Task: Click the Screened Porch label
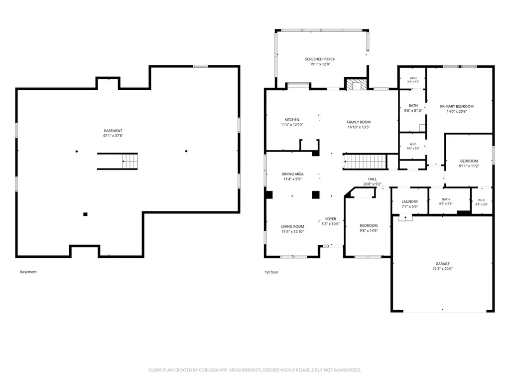320,59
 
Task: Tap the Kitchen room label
292,120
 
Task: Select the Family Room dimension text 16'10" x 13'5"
359,127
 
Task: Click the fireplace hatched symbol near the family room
356,84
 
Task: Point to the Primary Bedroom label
457,106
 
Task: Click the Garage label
443,264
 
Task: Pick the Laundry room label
410,201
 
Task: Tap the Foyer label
331,219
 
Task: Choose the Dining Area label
292,174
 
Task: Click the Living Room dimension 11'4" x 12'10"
293,232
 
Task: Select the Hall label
373,179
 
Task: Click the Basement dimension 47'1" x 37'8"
113,136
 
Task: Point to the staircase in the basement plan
118,161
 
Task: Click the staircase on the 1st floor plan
365,162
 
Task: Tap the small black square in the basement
85,214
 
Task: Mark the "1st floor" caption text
271,272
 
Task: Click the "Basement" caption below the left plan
28,272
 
